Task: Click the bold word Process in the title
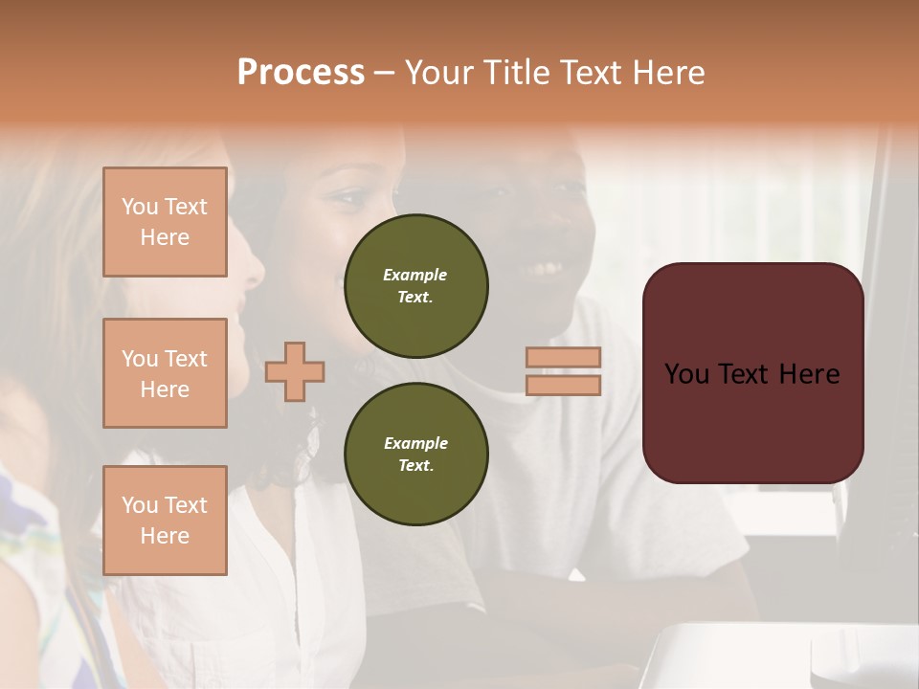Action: click(x=301, y=72)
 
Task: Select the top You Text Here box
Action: click(x=165, y=222)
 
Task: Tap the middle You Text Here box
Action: click(x=165, y=373)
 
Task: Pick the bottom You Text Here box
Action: click(x=165, y=521)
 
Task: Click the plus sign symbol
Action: click(x=295, y=371)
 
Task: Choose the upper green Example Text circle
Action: click(x=416, y=285)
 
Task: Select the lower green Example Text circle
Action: click(x=416, y=454)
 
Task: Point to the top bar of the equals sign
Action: click(x=563, y=357)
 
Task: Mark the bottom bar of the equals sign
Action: click(x=563, y=385)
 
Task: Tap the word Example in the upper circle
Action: click(x=415, y=275)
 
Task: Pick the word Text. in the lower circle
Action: click(x=415, y=465)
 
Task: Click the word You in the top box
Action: click(x=140, y=207)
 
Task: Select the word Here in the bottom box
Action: click(x=165, y=536)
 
